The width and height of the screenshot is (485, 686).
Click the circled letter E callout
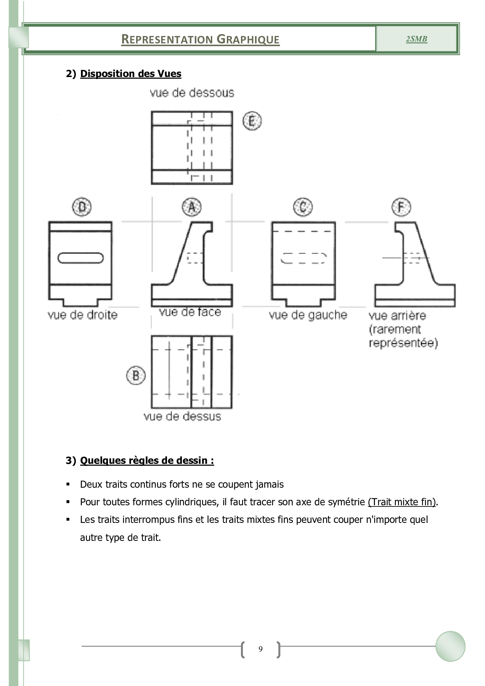click(x=252, y=121)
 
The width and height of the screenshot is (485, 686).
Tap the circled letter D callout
click(x=82, y=207)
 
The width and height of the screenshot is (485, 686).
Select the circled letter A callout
click(x=192, y=207)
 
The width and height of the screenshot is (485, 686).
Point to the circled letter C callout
click(x=303, y=207)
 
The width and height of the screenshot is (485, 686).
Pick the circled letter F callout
click(x=401, y=207)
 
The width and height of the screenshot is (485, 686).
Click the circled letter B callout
click(x=136, y=375)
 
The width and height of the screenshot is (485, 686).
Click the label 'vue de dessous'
click(x=192, y=93)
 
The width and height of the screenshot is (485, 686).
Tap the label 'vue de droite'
click(x=83, y=315)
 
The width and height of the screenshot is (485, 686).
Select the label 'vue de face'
click(x=190, y=312)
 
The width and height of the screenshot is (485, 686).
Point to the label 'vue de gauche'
click(x=308, y=315)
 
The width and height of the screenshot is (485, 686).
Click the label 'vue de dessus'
click(x=182, y=416)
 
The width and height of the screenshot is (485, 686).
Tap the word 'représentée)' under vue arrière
click(x=403, y=343)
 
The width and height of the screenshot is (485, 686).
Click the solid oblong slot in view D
click(x=81, y=258)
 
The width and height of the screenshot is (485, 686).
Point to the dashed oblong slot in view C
click(x=304, y=258)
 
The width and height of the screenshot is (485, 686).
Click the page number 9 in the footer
click(x=260, y=649)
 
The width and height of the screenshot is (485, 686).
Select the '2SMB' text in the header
click(x=417, y=39)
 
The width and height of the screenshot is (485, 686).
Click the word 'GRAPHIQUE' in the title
click(x=248, y=40)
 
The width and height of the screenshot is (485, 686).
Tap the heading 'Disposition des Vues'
click(x=131, y=74)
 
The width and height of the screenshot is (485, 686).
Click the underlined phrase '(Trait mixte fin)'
click(x=402, y=502)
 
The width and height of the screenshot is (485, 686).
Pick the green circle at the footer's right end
click(x=450, y=646)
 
